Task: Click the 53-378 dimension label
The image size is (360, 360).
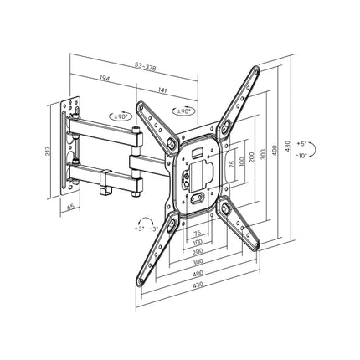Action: (x=145, y=67)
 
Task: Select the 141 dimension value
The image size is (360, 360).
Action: (x=162, y=90)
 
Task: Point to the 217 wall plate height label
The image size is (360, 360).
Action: (x=48, y=151)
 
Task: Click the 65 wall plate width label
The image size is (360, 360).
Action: (x=70, y=208)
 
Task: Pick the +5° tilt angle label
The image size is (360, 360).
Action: (x=301, y=144)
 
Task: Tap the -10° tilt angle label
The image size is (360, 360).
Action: (x=301, y=155)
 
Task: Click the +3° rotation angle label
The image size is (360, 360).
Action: (x=139, y=229)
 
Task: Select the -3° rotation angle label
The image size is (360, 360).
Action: (x=154, y=229)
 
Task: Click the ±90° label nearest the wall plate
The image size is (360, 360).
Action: (x=121, y=116)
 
